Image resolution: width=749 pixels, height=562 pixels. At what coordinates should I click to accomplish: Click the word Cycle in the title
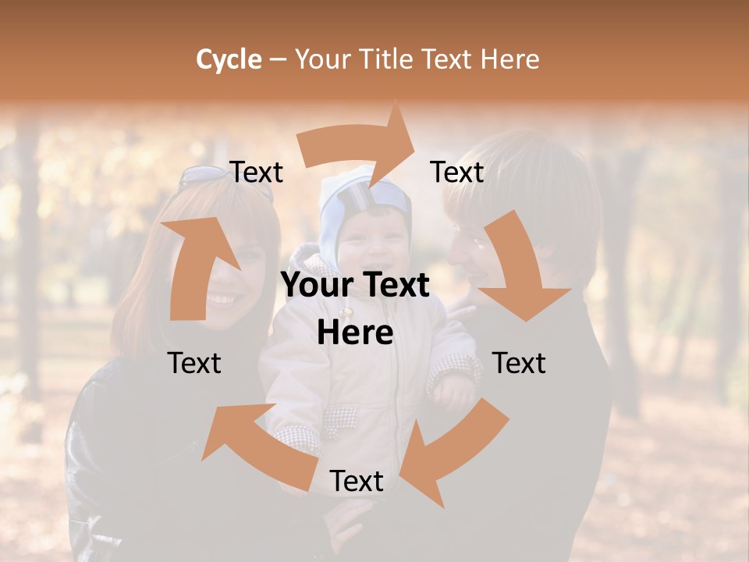[x=229, y=59]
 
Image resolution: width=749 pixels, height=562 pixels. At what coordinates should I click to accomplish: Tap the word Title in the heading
[x=388, y=59]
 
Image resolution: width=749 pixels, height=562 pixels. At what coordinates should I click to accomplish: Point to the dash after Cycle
[x=278, y=60]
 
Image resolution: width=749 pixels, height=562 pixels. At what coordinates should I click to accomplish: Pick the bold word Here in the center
[x=355, y=333]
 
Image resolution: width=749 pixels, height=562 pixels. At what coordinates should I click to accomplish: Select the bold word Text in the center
[x=393, y=285]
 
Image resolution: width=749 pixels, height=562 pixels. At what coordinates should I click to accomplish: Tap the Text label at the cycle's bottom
[x=357, y=481]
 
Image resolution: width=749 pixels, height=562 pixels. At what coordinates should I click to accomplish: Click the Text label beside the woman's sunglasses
[x=257, y=172]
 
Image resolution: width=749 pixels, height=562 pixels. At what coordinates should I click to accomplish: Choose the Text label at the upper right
[x=457, y=172]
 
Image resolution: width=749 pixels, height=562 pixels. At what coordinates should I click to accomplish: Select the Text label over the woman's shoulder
[x=195, y=363]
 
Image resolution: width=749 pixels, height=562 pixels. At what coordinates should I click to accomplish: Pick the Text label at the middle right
[x=519, y=363]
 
